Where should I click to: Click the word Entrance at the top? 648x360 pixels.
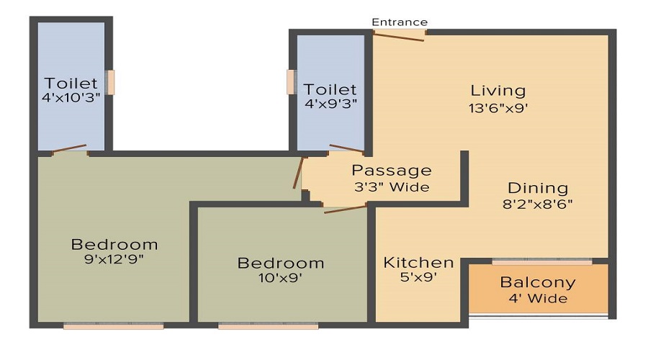tap(400, 22)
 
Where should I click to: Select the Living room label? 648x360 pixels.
tap(498, 91)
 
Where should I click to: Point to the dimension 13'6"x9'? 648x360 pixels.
tap(498, 109)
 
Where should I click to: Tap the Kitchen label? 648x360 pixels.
tap(418, 262)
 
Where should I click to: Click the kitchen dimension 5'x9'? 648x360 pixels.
tap(418, 277)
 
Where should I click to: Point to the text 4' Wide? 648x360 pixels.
tap(538, 299)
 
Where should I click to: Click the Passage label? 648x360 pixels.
tap(392, 171)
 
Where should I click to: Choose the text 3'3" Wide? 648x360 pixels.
tap(392, 187)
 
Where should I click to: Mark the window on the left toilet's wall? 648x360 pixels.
tap(111, 82)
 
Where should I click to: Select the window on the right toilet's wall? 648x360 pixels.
tap(290, 82)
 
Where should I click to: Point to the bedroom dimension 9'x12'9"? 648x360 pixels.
tap(114, 260)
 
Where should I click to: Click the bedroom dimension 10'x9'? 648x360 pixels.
tap(281, 279)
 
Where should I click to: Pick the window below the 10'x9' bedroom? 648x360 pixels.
tap(268, 326)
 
